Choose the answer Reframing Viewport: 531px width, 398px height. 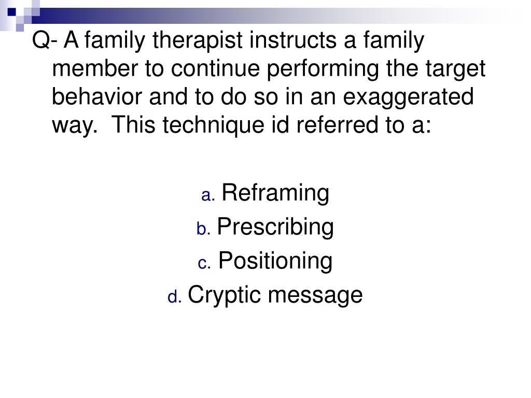(x=275, y=193)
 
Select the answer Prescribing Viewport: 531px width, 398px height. (x=275, y=227)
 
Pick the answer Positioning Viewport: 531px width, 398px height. (x=275, y=261)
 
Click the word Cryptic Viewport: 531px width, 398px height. (x=226, y=295)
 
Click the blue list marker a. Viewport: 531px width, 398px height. (x=208, y=196)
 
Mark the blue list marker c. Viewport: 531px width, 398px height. (x=204, y=264)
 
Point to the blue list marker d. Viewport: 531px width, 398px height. (x=174, y=297)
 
